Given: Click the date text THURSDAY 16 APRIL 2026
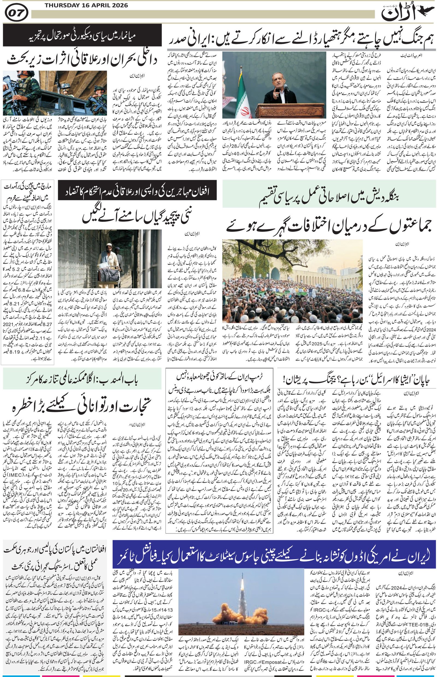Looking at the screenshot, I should tap(86, 5).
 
